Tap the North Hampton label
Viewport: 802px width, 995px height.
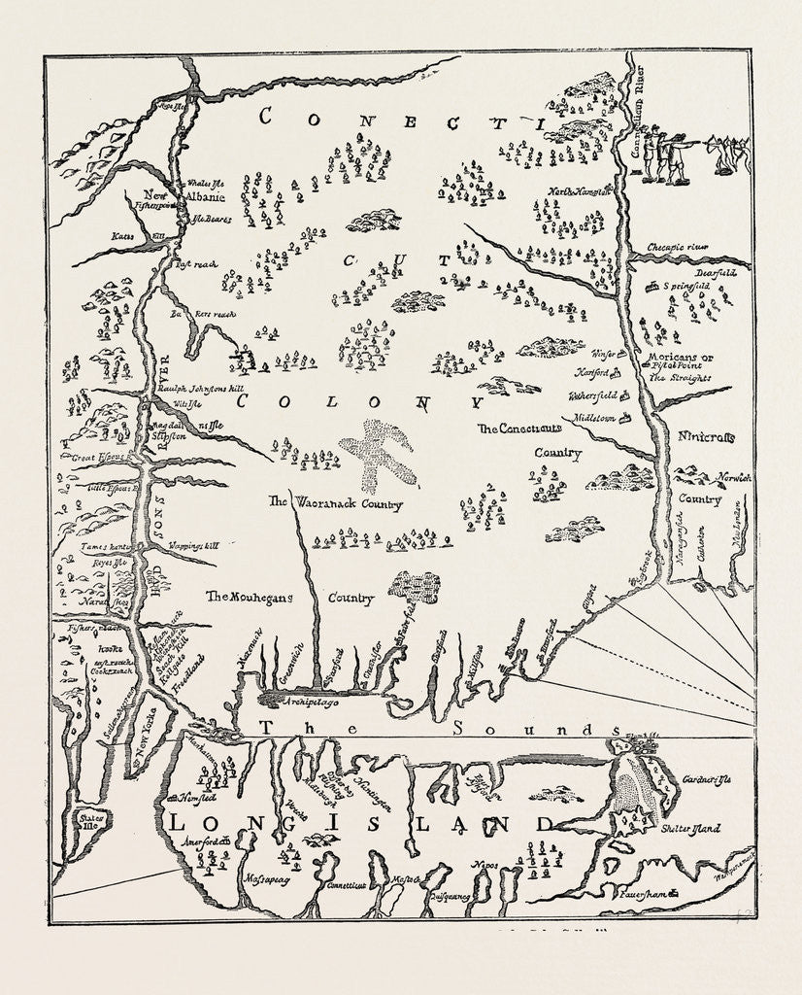[582, 190]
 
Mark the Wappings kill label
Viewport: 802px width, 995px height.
[193, 546]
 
